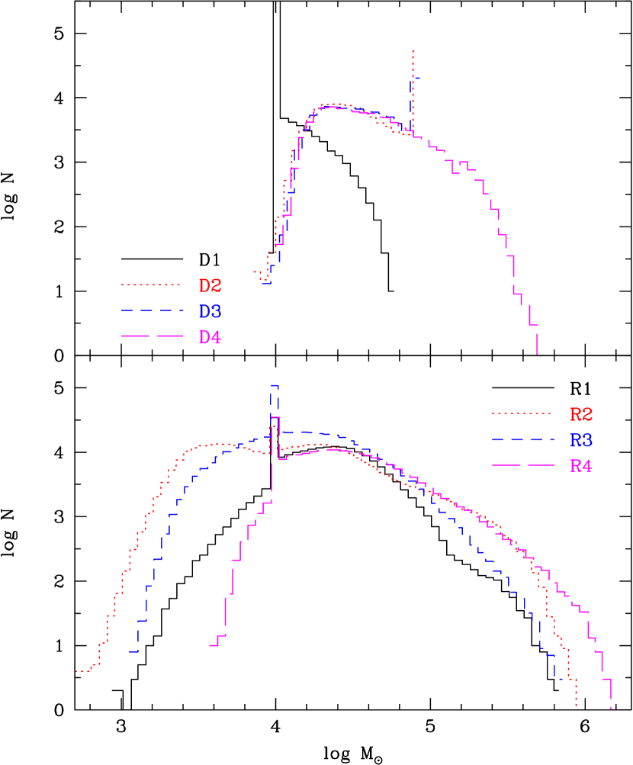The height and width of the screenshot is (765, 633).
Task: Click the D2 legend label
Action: coord(210,286)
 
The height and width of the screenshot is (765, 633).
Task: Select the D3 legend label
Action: coord(210,311)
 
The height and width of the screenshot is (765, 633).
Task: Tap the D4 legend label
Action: coord(210,337)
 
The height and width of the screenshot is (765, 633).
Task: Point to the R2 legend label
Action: coord(581,414)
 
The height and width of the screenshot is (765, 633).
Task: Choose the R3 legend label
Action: coord(581,440)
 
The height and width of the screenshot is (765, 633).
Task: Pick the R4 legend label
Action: coord(581,465)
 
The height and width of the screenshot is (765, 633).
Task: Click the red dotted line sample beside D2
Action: coord(151,285)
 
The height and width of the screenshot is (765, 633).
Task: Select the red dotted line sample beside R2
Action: coord(522,413)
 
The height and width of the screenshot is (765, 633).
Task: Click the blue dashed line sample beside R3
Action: coord(522,439)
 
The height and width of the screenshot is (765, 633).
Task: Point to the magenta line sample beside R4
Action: coord(522,464)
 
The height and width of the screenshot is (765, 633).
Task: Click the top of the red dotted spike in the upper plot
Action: coord(413,52)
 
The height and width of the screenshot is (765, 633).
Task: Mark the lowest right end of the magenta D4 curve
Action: coord(538,355)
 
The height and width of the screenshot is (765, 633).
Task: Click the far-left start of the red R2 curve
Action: coord(77,671)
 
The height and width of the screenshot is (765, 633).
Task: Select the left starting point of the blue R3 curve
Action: coord(131,651)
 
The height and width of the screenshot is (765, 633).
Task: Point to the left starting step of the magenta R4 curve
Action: coord(211,645)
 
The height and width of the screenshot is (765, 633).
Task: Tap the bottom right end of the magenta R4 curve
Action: coord(611,708)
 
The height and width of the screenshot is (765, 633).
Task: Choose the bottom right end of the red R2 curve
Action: coord(576,705)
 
